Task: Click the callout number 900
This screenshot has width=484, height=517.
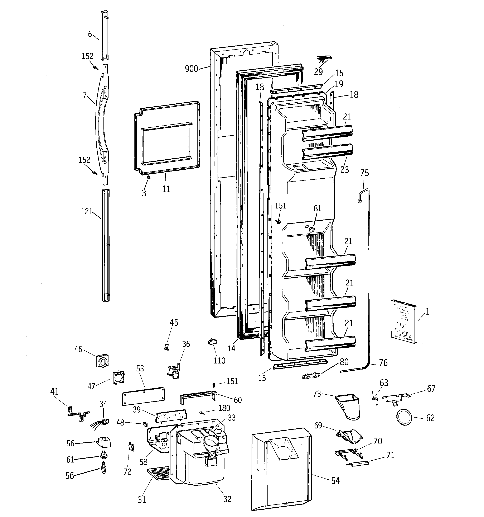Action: (x=191, y=69)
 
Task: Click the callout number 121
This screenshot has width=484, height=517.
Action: (x=87, y=212)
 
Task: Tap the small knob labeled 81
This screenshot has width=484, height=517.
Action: (x=311, y=229)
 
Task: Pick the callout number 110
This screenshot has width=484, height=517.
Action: (x=219, y=361)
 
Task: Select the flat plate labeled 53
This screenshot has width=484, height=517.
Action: (x=143, y=396)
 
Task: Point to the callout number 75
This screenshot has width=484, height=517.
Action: (x=364, y=173)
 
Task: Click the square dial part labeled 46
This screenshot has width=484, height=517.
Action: (x=102, y=361)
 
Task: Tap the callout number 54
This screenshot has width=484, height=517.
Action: (x=335, y=481)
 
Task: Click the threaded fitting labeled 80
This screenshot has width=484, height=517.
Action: (x=311, y=376)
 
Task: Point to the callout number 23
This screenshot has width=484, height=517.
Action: (x=344, y=170)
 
